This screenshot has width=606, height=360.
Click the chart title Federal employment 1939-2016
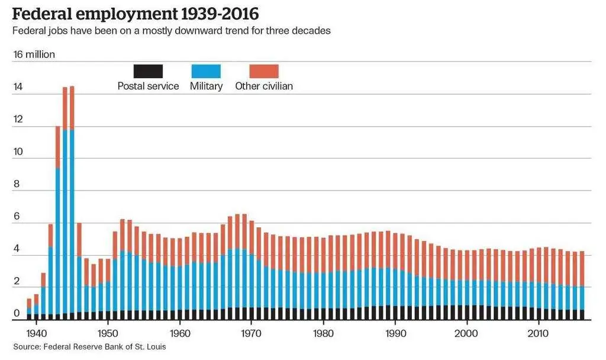point(135,12)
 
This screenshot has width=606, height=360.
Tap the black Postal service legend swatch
point(148,72)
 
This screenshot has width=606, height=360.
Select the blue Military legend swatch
point(206,72)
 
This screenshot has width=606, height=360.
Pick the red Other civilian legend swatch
point(263,72)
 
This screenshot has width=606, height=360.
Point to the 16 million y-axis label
point(34,54)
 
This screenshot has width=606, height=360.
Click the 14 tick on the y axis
point(18,87)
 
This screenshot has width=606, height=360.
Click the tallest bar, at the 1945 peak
point(72,201)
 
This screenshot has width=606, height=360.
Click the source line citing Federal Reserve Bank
point(89,346)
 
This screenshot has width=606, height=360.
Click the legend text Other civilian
point(264,86)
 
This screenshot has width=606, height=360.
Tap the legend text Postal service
point(148,86)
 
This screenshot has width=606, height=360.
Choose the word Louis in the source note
point(155,346)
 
